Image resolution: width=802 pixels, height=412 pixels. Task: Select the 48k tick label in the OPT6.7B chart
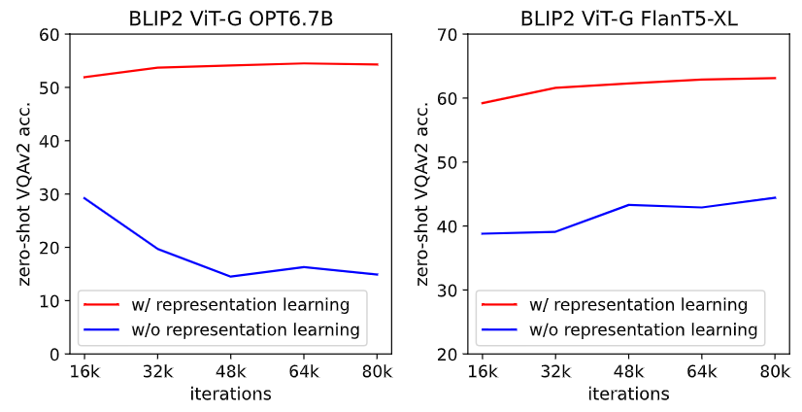pyautogui.click(x=230, y=372)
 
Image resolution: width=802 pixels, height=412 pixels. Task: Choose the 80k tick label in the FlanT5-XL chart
pyautogui.click(x=775, y=372)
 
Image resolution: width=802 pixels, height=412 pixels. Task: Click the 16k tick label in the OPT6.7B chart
pyautogui.click(x=84, y=372)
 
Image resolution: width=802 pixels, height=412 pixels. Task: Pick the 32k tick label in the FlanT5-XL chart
pyautogui.click(x=554, y=372)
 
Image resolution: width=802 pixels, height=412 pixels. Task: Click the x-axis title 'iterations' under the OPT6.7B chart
pyautogui.click(x=230, y=395)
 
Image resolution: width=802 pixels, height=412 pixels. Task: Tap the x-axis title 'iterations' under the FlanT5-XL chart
pyautogui.click(x=628, y=395)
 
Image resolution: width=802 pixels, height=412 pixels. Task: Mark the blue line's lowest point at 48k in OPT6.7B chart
pyautogui.click(x=230, y=276)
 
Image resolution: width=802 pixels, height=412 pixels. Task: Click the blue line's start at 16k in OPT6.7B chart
pyautogui.click(x=84, y=198)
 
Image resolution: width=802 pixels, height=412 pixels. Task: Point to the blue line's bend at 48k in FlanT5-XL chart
pyautogui.click(x=628, y=205)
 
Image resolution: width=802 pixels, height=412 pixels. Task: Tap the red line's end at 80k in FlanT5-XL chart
pyautogui.click(x=775, y=78)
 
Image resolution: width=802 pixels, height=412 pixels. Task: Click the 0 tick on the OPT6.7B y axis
pyautogui.click(x=52, y=355)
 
